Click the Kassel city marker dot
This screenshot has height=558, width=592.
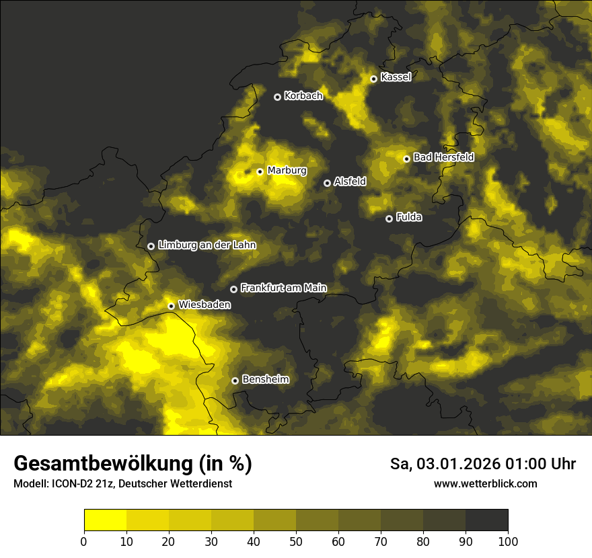373,79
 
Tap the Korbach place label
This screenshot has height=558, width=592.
303,96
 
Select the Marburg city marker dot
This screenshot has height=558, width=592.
260,171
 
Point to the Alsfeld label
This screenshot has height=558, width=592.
350,182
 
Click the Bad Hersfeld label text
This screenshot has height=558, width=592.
443,157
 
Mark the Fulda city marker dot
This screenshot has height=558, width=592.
389,218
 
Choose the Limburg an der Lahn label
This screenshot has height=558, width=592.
207,245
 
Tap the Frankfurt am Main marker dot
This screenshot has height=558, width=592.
234,289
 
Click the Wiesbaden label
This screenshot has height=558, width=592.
205,305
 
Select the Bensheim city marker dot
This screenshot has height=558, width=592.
235,381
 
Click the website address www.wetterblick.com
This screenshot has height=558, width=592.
486,483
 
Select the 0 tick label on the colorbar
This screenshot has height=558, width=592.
84,542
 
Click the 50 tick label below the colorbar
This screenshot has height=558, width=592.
296,542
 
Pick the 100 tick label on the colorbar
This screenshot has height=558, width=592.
508,542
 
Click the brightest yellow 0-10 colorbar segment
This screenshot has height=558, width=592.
105,520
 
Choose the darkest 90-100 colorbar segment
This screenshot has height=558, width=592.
486,520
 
